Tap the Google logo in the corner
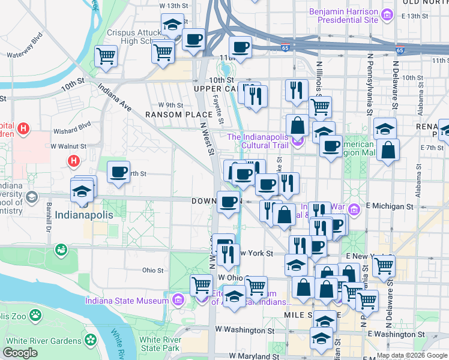(x=20, y=353)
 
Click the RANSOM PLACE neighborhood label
(x=170, y=115)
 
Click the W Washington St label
(x=244, y=330)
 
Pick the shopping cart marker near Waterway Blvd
(x=106, y=56)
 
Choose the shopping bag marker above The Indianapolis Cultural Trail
(x=297, y=126)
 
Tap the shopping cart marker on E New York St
(x=384, y=265)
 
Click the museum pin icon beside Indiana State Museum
(x=178, y=299)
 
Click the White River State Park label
(x=159, y=344)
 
